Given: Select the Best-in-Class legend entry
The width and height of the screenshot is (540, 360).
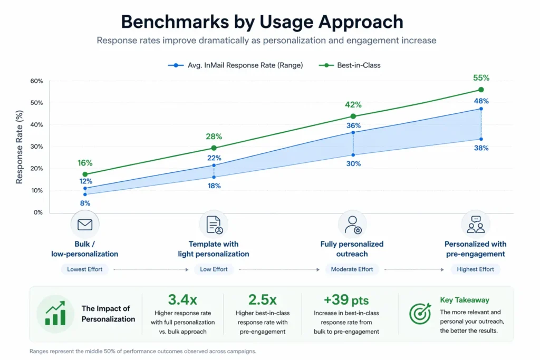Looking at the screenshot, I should pos(354,65).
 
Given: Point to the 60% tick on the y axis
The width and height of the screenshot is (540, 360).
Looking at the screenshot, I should pos(36,81).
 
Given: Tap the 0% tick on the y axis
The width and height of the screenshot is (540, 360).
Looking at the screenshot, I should pos(37,212).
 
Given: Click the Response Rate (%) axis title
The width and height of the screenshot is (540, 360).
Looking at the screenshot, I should pos(20,147).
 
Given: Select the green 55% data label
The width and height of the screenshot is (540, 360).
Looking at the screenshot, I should pos(480,77).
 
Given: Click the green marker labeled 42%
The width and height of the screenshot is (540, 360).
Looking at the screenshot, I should pos(353,116).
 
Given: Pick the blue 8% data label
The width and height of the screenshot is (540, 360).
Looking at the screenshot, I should pos(85,203).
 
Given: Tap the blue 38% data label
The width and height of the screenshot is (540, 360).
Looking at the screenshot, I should pos(480,148).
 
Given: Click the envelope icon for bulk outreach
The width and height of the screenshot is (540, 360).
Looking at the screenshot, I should pos(85,225).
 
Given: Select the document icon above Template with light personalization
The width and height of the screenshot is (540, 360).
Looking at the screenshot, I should pos(214,225).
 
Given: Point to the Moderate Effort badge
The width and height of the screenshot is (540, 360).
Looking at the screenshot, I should pos(352,269).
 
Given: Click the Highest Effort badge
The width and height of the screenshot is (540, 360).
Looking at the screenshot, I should pos(475,269).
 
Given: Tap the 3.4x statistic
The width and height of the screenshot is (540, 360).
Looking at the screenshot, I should pos(182,300).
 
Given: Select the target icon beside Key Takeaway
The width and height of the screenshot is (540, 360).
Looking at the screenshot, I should pos(420,314).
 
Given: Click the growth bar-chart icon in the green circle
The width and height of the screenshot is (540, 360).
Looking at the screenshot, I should pos(55,314).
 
